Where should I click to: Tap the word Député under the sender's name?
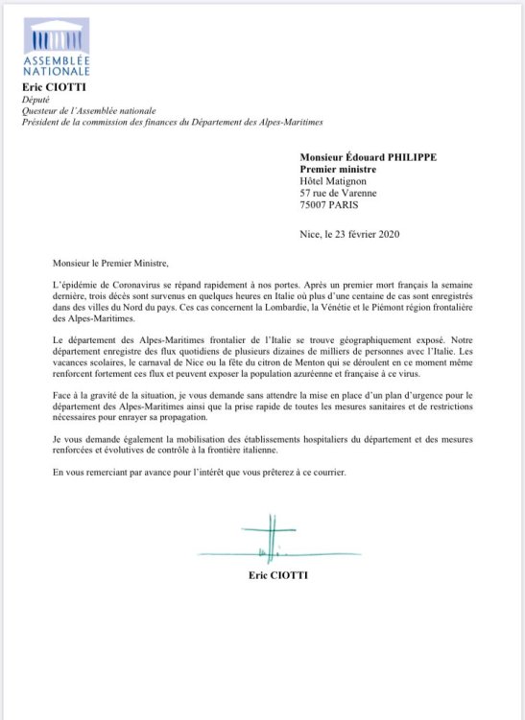[49, 99]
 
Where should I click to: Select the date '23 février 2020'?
[370, 234]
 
